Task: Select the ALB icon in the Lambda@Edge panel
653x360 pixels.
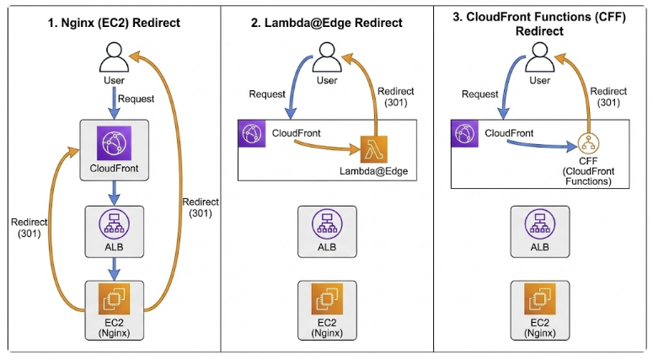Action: tap(326, 224)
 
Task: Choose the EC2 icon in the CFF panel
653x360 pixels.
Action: tap(540, 300)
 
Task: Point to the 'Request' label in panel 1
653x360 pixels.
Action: tap(136, 99)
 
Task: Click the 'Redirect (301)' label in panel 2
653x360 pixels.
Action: tap(394, 96)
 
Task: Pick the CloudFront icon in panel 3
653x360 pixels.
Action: tap(463, 133)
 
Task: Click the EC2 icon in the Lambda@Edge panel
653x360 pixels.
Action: tap(326, 300)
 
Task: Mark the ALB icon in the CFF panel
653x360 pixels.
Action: tap(540, 224)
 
